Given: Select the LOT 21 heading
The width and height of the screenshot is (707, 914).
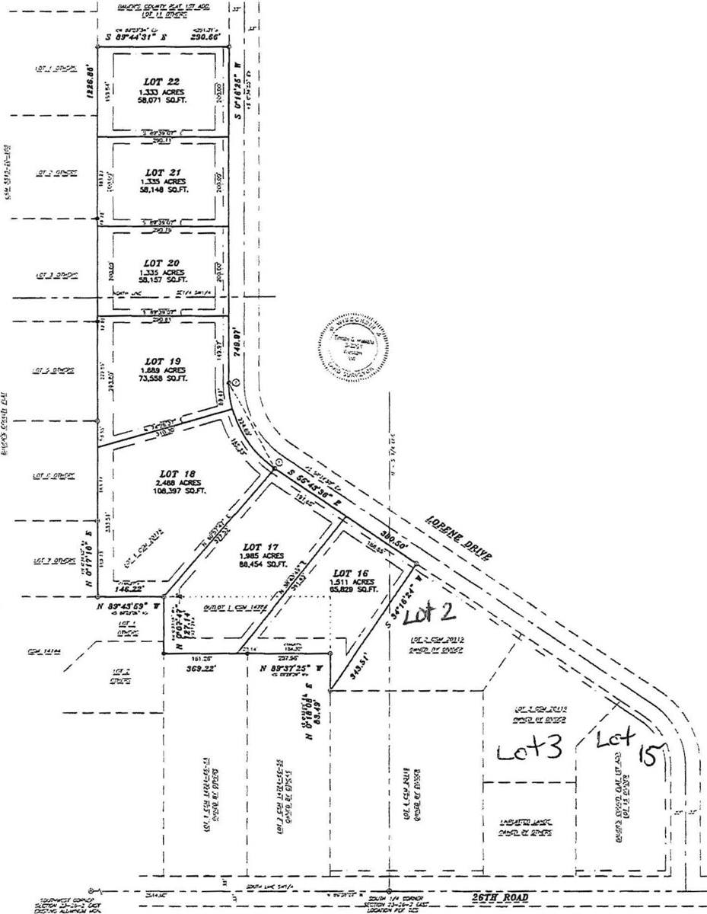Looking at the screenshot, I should click(x=161, y=172).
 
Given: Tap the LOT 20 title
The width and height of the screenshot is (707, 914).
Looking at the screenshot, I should click(x=162, y=263).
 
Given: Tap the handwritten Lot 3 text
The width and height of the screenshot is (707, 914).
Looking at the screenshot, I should click(x=530, y=750).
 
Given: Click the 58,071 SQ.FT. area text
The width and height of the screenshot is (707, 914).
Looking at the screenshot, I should click(x=162, y=100).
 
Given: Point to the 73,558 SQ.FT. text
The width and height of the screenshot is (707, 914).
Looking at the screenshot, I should click(x=162, y=379).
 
